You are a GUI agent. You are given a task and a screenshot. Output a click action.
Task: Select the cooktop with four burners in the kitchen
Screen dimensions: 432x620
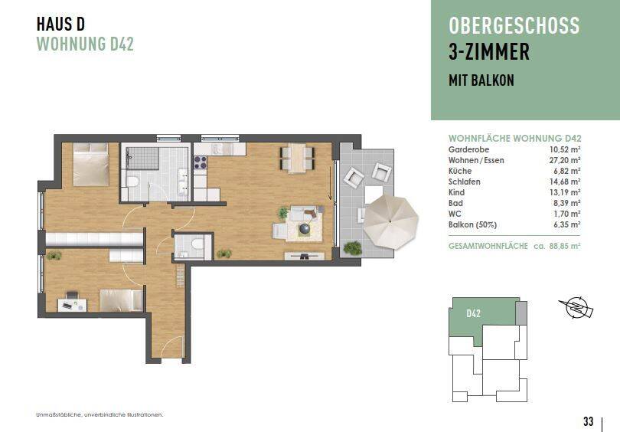click(x=201, y=162)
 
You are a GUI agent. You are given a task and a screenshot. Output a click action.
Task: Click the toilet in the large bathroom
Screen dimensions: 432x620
click(x=132, y=182)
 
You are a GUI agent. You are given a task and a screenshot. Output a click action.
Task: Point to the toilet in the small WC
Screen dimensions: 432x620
click(x=197, y=244)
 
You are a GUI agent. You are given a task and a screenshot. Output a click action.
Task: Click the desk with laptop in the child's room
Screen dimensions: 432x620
click(x=72, y=303)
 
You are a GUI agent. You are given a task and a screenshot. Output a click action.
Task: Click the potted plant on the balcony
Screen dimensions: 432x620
click(x=352, y=247)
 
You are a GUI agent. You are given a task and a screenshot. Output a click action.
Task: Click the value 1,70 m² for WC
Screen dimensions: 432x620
click(x=567, y=214)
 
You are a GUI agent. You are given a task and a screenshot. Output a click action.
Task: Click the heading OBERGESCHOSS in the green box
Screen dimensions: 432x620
click(x=514, y=25)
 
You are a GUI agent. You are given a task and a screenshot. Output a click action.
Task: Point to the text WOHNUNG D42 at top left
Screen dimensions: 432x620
click(x=85, y=44)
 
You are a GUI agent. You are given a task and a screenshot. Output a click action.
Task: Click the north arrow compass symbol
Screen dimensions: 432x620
click(x=573, y=309)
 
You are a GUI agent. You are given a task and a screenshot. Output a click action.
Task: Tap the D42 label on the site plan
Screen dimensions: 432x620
click(x=473, y=313)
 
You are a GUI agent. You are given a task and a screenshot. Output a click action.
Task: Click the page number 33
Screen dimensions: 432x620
click(x=588, y=421)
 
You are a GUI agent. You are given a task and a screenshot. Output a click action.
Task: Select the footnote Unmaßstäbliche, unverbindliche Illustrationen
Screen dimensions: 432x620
click(x=100, y=414)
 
